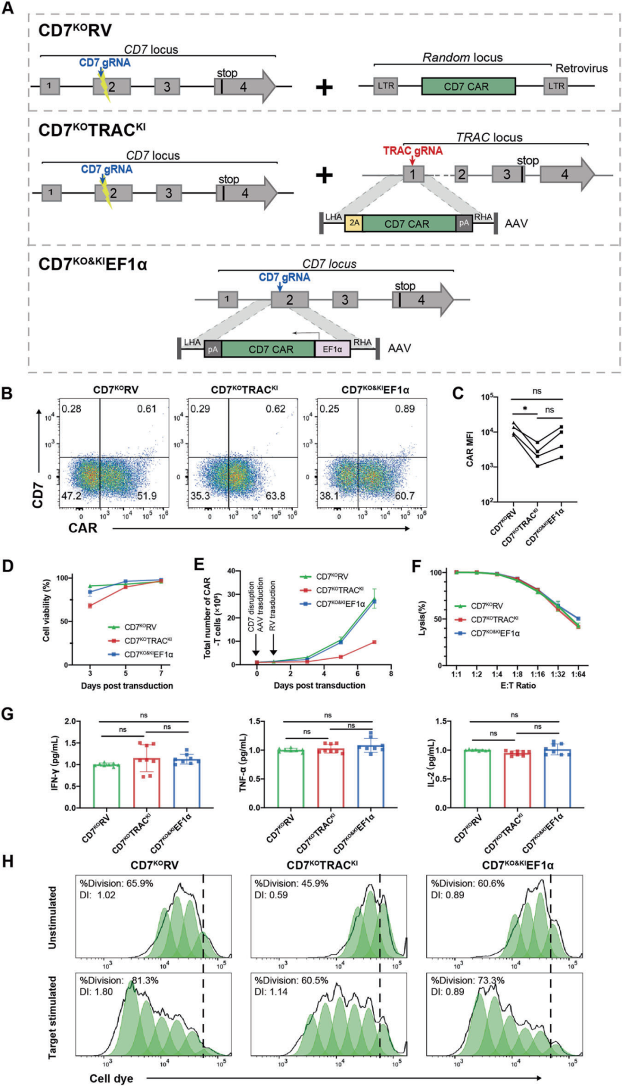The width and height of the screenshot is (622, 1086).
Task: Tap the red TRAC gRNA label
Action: [x=413, y=151]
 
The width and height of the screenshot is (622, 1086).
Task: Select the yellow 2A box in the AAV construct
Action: [x=354, y=224]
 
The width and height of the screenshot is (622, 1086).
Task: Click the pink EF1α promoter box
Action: [x=332, y=349]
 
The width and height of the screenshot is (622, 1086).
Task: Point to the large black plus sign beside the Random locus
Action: [x=324, y=87]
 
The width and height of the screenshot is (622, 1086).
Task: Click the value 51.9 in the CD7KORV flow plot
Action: [x=147, y=496]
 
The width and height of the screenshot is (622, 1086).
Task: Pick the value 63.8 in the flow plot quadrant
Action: [x=275, y=496]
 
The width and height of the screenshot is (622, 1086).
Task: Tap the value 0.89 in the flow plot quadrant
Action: [x=405, y=409]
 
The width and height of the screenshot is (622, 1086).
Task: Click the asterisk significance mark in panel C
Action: [x=525, y=410]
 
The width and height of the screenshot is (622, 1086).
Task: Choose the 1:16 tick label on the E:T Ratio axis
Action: [x=538, y=674]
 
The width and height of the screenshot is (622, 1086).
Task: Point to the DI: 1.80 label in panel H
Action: [x=96, y=992]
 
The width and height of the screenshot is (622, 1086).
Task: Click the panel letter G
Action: [x=7, y=714]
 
